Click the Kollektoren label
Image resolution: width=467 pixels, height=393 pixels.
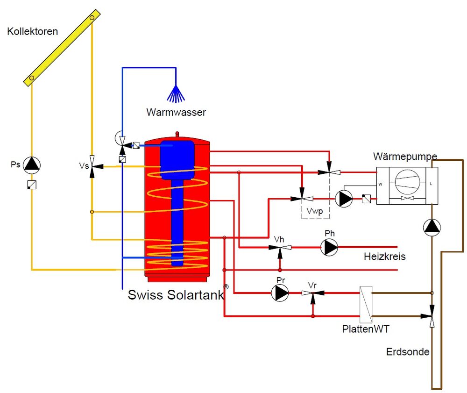click(33, 32)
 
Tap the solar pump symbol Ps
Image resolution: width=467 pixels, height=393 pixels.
click(32, 164)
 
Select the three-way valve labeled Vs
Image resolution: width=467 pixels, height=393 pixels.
click(92, 166)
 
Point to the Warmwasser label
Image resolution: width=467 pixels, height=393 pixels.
click(176, 113)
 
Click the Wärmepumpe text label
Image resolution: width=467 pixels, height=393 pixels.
click(405, 156)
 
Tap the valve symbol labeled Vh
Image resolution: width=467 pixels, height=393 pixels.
click(280, 248)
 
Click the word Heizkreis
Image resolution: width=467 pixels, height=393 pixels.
click(384, 257)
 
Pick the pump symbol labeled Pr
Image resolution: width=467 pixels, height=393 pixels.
click(280, 293)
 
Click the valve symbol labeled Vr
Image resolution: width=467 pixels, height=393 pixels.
click(313, 294)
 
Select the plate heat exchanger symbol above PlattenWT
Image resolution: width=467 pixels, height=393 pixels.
click(366, 304)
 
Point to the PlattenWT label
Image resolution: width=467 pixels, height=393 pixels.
click(365, 329)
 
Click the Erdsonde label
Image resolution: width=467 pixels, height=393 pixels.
click(408, 352)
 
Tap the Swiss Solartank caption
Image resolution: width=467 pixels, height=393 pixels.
click(176, 295)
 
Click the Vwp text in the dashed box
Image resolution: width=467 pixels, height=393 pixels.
click(315, 211)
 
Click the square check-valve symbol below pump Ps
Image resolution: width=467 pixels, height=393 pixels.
click(32, 185)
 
